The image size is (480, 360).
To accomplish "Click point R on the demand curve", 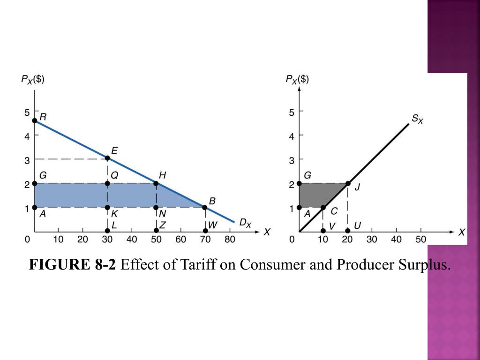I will (x=34, y=120).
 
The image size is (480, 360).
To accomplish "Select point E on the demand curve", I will (x=107, y=158).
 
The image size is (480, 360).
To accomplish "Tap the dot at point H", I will (x=156, y=183).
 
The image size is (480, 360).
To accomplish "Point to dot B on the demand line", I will (x=205, y=207).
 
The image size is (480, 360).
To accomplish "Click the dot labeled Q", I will (x=107, y=183).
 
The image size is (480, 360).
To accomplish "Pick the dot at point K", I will (x=107, y=207).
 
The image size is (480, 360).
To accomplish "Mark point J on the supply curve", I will (x=347, y=183).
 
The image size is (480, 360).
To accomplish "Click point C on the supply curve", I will (x=323, y=207).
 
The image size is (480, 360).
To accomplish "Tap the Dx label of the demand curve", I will (x=245, y=224).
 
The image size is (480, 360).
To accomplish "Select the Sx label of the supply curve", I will (x=417, y=119).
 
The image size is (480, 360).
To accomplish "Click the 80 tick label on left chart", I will (x=229, y=240).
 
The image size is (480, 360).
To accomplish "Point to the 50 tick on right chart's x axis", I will (x=420, y=240).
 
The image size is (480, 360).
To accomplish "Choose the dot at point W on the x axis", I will (x=205, y=231).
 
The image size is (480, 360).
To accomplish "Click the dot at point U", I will (x=347, y=231).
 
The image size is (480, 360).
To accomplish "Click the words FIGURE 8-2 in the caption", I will (x=72, y=265).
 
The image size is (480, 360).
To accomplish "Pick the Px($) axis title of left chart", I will (x=33, y=79).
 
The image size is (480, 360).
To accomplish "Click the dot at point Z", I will (x=156, y=231).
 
